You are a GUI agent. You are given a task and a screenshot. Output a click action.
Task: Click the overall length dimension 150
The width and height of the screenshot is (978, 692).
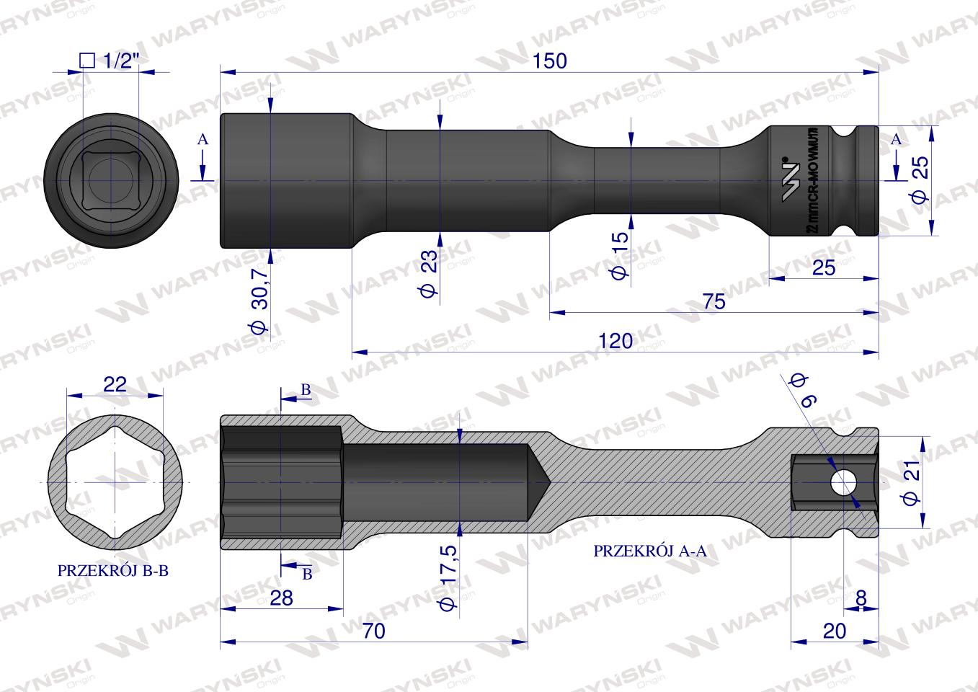[x=551, y=61]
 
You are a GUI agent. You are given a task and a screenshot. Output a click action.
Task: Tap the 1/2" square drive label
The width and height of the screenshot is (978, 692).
[x=107, y=61]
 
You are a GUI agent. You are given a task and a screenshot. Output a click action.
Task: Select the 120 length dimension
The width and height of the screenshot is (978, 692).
[x=615, y=341]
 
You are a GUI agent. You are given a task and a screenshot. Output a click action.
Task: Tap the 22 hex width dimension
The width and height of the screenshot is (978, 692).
[x=115, y=383]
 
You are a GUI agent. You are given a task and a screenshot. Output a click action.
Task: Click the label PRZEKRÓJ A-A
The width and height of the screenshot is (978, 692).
[x=650, y=551]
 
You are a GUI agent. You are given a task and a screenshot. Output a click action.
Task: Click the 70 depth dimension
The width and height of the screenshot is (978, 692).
[x=373, y=631]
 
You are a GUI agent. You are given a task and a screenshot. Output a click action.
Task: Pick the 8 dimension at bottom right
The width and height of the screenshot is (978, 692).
[x=860, y=598]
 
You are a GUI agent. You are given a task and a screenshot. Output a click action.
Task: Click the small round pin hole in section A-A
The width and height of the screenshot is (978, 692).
[x=841, y=482]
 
